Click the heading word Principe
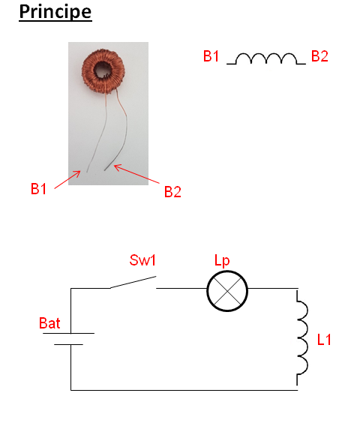pos(55,12)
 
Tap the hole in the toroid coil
pos(102,69)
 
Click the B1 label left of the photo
pos(38,189)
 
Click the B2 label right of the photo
pos(172,192)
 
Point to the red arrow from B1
pos(67,180)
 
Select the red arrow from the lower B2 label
pos(136,174)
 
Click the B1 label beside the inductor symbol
pos(211,56)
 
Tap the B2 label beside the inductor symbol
pos(319,56)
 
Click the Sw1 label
pos(142,260)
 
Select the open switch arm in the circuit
pos(133,282)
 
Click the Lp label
pos(222,261)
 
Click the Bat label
pos(49,323)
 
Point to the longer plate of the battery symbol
pos(69,333)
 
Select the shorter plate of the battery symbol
pos(68,344)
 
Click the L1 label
pos(324,340)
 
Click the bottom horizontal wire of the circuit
pos(184,390)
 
